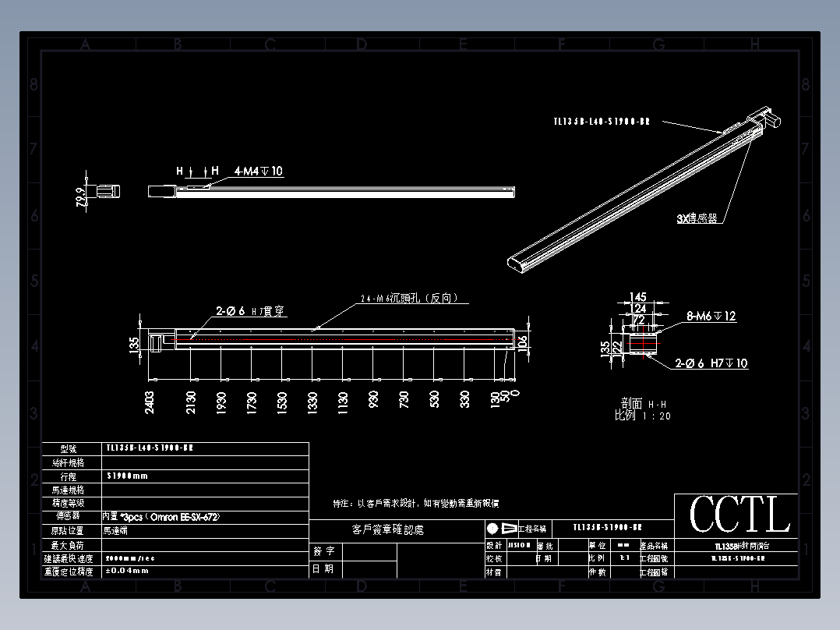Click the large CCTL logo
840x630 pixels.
(x=739, y=515)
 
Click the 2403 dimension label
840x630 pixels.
(x=150, y=401)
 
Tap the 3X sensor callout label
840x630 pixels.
(x=697, y=219)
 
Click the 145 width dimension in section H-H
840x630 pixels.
(x=638, y=297)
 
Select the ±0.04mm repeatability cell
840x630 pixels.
(x=126, y=571)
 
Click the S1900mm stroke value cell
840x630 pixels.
(x=126, y=476)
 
